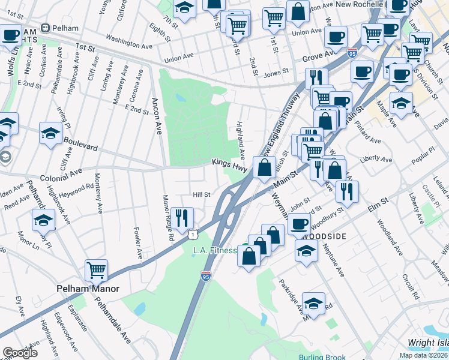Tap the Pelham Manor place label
tap(88, 289)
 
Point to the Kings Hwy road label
tap(229, 163)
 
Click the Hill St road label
tap(201, 194)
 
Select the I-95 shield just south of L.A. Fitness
tap(206, 275)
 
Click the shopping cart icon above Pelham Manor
tap(96, 271)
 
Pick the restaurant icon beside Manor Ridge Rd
tap(181, 217)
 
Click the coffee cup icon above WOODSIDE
tap(299, 224)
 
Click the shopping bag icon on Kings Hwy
tap(264, 167)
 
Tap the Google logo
tap(20, 353)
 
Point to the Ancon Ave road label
tap(157, 115)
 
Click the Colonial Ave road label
tap(61, 175)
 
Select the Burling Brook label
tap(322, 358)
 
